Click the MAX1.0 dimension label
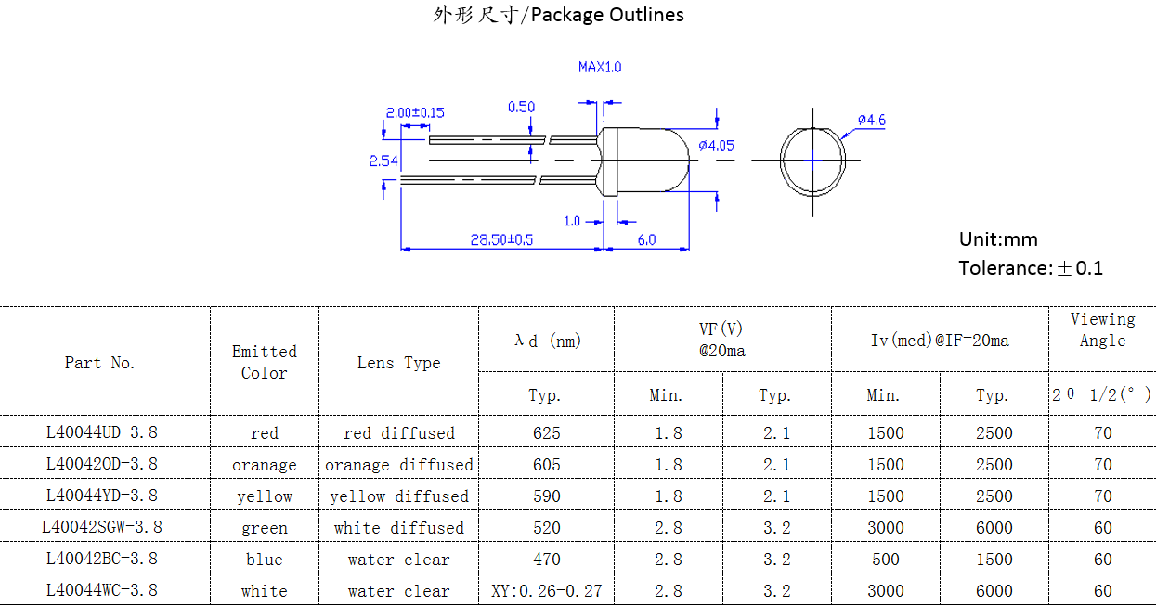tap(600, 67)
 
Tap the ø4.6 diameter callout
tap(871, 120)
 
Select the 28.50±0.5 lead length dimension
tap(501, 239)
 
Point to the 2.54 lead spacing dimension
tap(383, 161)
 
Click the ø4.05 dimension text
tap(716, 146)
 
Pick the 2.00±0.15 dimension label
tap(415, 112)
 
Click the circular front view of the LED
tap(812, 161)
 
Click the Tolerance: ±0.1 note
tap(1031, 268)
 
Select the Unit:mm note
tap(998, 239)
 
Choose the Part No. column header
tap(100, 363)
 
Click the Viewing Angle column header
tap(1102, 329)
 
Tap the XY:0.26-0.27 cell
tap(546, 590)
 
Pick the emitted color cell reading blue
tap(265, 559)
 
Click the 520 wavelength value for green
tap(546, 527)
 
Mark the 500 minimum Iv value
tap(885, 559)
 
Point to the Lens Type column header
tap(399, 363)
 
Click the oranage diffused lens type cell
tap(399, 464)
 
